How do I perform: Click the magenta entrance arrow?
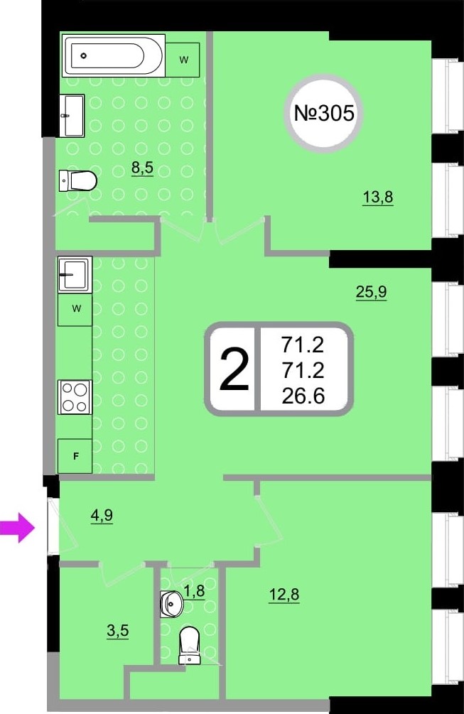click(17, 528)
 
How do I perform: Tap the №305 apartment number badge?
click(324, 113)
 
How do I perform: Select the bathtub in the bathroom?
click(114, 56)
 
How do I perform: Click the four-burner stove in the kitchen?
click(75, 397)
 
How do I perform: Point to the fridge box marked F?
click(75, 456)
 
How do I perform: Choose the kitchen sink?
click(75, 274)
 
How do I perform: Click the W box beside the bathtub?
click(183, 60)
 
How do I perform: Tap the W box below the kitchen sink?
click(75, 309)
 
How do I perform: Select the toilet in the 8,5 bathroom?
click(78, 180)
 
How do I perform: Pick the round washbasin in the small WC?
click(171, 604)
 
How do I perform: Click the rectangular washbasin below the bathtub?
click(72, 116)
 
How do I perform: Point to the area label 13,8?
click(378, 198)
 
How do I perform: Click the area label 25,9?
click(371, 292)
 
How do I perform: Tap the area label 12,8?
click(285, 595)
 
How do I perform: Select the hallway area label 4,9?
click(102, 516)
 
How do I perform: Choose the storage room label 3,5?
click(117, 631)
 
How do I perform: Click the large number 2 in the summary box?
click(234, 369)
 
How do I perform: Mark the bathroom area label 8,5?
click(143, 168)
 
